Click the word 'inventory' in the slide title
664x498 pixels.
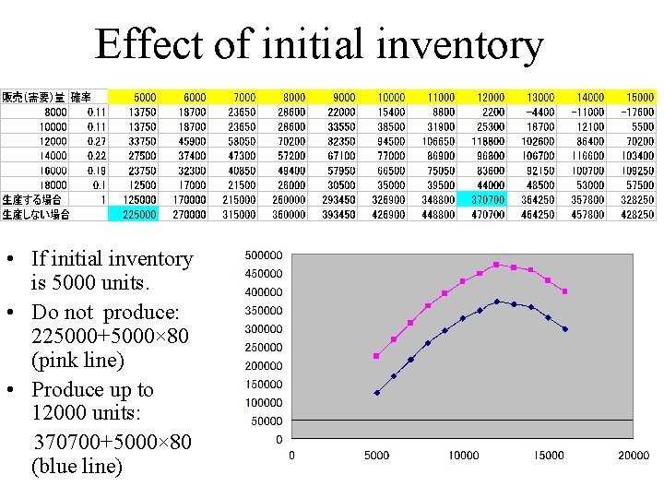click(x=468, y=44)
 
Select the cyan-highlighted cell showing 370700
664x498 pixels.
click(x=488, y=199)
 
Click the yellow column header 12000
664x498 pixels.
click(x=491, y=97)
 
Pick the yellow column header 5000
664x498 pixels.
click(x=145, y=97)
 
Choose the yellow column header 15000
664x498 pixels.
click(x=639, y=97)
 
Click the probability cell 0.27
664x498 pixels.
click(x=96, y=141)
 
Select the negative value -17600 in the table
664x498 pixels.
click(x=637, y=112)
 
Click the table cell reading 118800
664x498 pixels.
click(x=488, y=141)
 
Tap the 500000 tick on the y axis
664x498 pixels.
click(x=265, y=255)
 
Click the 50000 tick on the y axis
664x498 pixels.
click(x=267, y=421)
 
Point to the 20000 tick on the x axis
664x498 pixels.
click(x=633, y=455)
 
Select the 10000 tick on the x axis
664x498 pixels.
click(x=463, y=455)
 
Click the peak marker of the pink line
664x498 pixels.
click(x=496, y=265)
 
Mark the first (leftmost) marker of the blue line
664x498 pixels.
click(x=376, y=393)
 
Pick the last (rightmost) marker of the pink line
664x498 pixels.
click(x=564, y=291)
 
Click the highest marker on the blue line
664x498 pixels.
click(x=496, y=302)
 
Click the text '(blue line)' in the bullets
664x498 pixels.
click(x=77, y=467)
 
